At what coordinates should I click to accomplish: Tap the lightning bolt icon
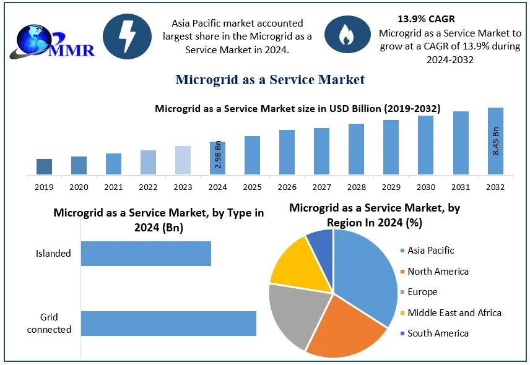click(x=127, y=36)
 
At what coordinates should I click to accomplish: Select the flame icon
click(x=345, y=36)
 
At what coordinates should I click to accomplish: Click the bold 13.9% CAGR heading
click(x=426, y=19)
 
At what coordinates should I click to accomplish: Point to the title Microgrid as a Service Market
click(x=270, y=79)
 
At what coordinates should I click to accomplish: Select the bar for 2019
click(x=44, y=166)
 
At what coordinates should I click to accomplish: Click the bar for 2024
click(x=217, y=158)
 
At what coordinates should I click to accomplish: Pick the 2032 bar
click(x=495, y=141)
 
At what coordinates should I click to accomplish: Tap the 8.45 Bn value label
click(x=496, y=140)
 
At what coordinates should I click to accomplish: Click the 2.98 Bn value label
click(x=218, y=155)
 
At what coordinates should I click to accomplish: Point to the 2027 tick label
click(x=321, y=187)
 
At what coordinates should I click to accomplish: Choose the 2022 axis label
click(x=148, y=187)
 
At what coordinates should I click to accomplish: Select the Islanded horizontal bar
click(x=146, y=254)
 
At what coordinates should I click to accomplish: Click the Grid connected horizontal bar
click(x=168, y=324)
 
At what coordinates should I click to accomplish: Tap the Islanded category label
click(x=53, y=253)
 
